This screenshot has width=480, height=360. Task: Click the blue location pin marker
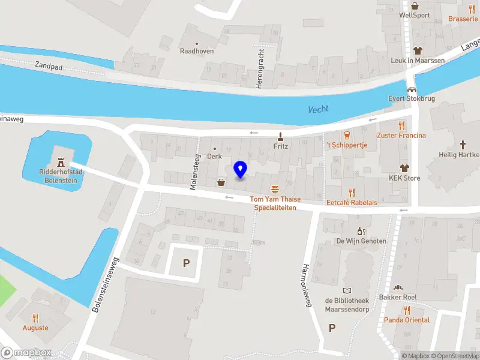point(240,170)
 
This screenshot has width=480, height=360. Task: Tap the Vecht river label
point(318,109)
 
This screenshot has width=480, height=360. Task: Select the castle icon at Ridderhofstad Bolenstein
point(60,161)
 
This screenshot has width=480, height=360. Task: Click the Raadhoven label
point(197,51)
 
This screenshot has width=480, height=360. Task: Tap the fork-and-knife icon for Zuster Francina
point(401,125)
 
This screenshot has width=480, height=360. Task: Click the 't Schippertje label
point(346,145)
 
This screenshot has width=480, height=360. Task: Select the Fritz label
point(281,146)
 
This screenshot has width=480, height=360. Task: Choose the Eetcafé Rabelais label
point(352,203)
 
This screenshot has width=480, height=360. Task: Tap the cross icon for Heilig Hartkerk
point(463,145)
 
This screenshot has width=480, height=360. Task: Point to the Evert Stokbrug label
point(411,98)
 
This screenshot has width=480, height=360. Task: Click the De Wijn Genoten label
point(361,241)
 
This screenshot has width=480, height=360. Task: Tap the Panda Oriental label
point(407,320)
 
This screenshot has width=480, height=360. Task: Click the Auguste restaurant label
point(35,328)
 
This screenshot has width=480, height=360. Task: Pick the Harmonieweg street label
point(307,285)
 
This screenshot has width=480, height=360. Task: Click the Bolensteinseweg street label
point(106,284)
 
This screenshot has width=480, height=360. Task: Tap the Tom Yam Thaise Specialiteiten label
point(275,203)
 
